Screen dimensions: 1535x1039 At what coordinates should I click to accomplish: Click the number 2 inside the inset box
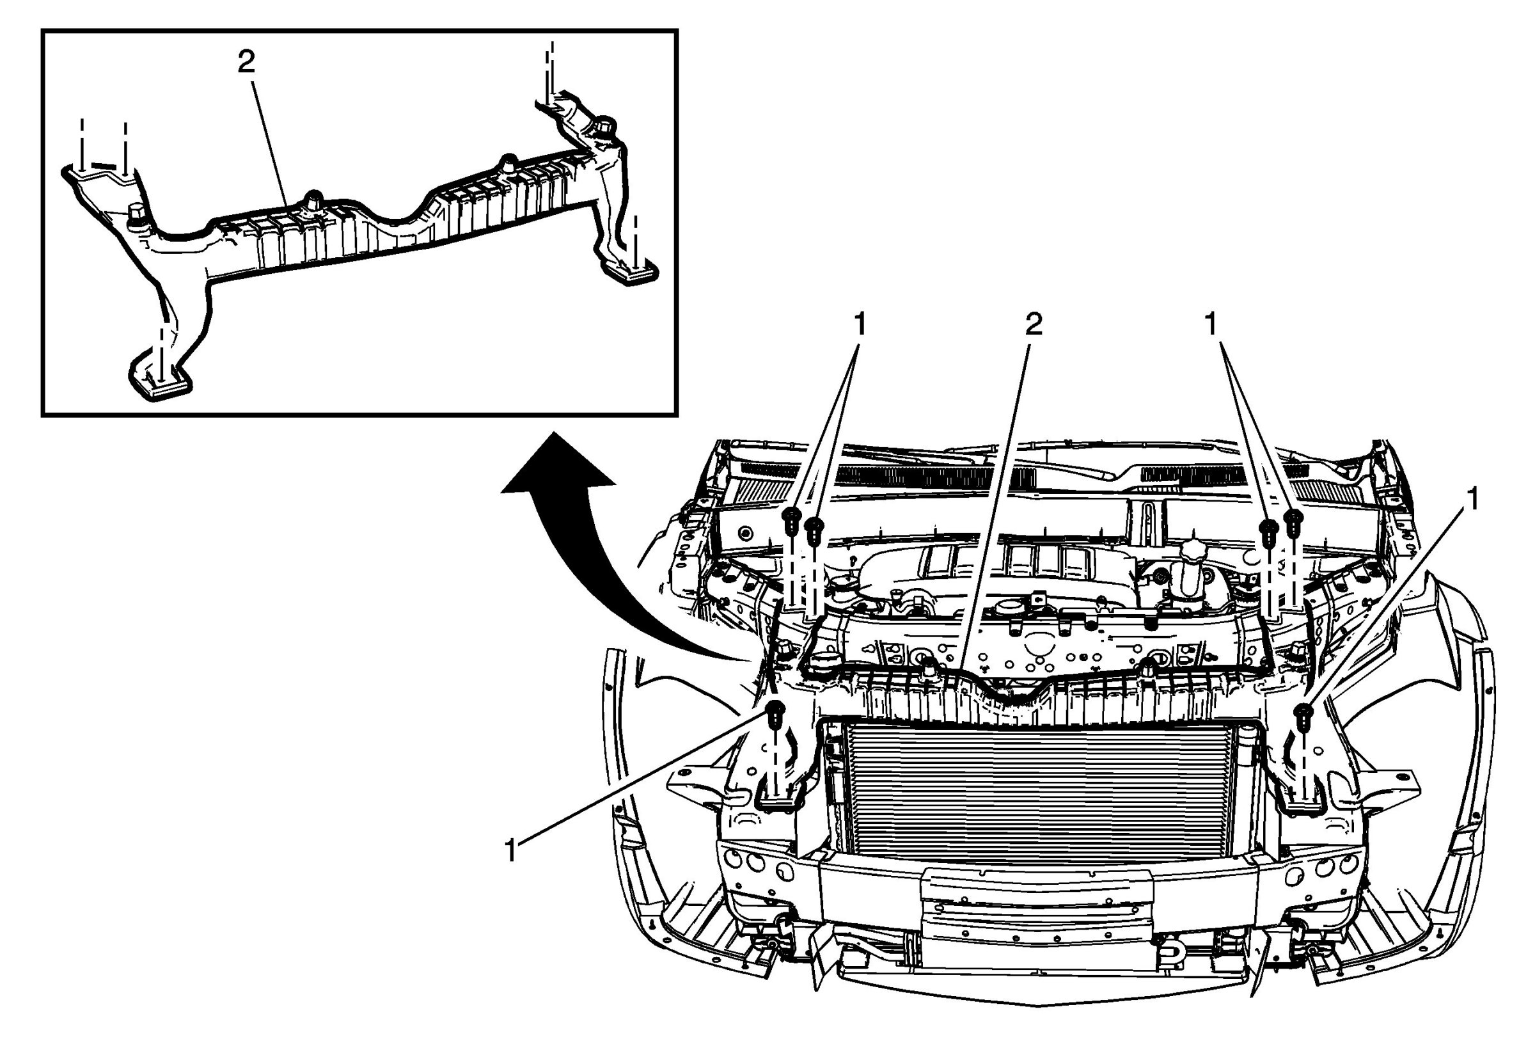click(x=246, y=63)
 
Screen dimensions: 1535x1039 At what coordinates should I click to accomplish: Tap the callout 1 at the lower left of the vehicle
click(x=510, y=852)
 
